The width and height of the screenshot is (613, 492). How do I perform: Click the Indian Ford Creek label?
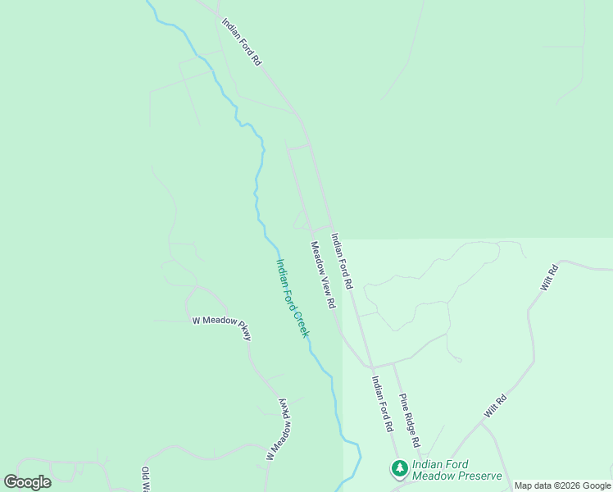[x=293, y=298]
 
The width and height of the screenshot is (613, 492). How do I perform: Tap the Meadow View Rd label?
[x=323, y=275]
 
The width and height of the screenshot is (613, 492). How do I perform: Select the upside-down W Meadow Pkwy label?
[x=279, y=430]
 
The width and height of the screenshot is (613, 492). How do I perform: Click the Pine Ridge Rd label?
[x=410, y=420]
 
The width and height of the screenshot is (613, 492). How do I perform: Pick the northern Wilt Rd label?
[x=549, y=277]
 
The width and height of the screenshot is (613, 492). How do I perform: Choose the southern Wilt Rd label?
[x=495, y=407]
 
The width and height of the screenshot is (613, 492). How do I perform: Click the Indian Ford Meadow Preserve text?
[x=456, y=470]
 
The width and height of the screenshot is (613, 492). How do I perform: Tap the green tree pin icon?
[x=399, y=469]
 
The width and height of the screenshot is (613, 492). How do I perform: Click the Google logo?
[x=27, y=482]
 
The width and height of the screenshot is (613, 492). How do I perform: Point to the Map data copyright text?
[x=562, y=485]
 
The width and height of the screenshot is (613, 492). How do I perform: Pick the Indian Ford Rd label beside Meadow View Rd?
[x=341, y=261]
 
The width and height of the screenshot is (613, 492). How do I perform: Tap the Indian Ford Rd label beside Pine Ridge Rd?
[x=383, y=404]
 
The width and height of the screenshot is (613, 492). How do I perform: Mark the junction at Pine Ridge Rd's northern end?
[x=393, y=363]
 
